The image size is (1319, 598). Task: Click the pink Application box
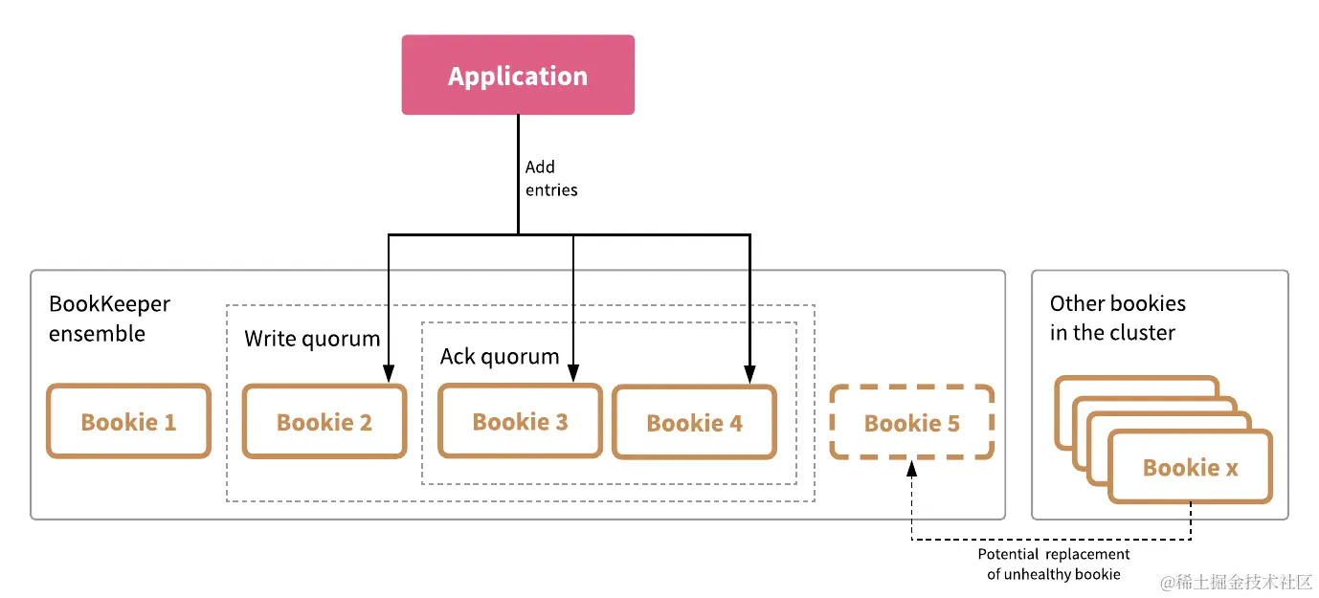(518, 75)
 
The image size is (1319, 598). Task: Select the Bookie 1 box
(128, 422)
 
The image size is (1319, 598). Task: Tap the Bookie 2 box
(324, 422)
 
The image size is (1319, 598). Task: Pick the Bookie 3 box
(520, 422)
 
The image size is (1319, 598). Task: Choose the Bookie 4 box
(694, 423)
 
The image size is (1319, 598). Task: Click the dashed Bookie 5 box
(911, 423)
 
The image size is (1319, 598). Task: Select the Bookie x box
(1190, 467)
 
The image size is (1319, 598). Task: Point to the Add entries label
(551, 178)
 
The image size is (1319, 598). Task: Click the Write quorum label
(312, 339)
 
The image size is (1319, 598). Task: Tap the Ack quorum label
(499, 357)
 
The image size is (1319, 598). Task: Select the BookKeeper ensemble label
(109, 319)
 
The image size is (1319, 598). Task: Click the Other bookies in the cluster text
(1117, 318)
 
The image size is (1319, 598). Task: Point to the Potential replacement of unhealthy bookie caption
(1053, 565)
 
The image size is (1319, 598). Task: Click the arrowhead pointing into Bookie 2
(388, 376)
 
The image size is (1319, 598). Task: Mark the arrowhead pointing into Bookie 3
(573, 376)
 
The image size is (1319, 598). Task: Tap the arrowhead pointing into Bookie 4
(749, 376)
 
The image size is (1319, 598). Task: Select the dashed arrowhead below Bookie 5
(911, 467)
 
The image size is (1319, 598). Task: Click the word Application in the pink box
(518, 77)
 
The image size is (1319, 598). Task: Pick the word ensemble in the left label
(98, 334)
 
